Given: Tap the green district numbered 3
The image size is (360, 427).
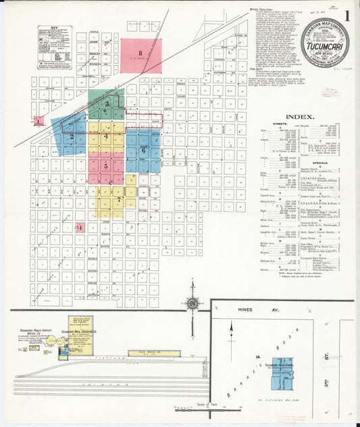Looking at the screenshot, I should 107,103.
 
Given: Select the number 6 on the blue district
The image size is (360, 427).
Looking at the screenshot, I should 143,151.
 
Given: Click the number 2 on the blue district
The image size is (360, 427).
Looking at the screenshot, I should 72,136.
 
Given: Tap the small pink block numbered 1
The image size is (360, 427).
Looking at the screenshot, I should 80,228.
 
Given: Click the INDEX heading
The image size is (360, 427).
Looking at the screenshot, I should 299,117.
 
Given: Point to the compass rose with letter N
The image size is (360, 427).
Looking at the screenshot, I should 193,303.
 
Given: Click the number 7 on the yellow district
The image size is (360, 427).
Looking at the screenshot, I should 118,200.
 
